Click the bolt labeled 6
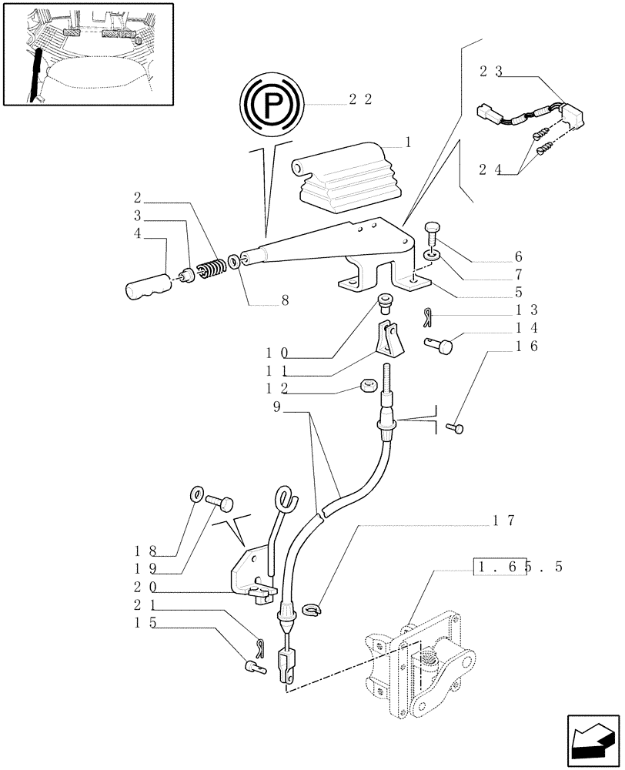(x=433, y=229)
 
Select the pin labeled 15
(x=256, y=668)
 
